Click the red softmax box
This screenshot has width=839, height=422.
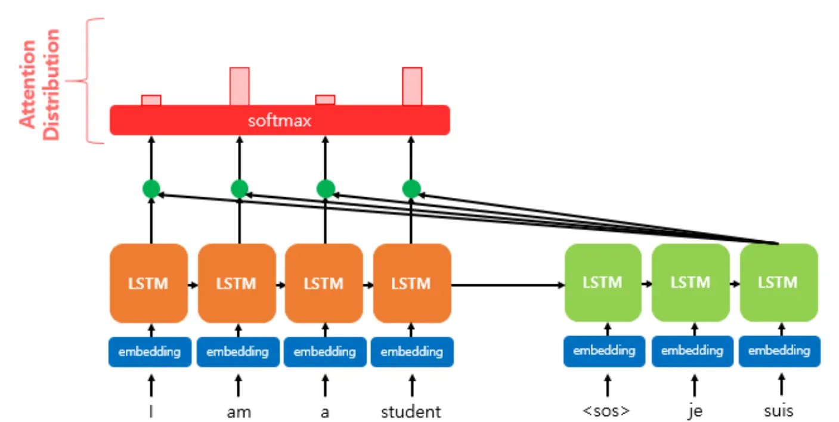[279, 120]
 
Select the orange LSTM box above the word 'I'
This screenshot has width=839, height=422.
[148, 283]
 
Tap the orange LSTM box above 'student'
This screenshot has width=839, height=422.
[411, 283]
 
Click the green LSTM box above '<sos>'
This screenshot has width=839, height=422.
[603, 283]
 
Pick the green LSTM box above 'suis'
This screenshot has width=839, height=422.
[778, 283]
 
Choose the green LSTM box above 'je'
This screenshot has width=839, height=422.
[691, 283]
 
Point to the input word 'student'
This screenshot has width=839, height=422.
[411, 411]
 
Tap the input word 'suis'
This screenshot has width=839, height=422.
[779, 411]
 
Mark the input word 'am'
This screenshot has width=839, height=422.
[239, 412]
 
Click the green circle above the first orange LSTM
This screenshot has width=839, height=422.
[151, 190]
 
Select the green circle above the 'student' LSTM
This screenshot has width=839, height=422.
[411, 190]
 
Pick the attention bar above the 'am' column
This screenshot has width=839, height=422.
[240, 86]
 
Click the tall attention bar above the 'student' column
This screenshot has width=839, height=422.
[412, 86]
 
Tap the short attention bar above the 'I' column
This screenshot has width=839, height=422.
[151, 100]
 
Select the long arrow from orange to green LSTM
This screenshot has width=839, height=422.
[507, 286]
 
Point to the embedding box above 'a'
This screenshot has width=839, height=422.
[325, 352]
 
